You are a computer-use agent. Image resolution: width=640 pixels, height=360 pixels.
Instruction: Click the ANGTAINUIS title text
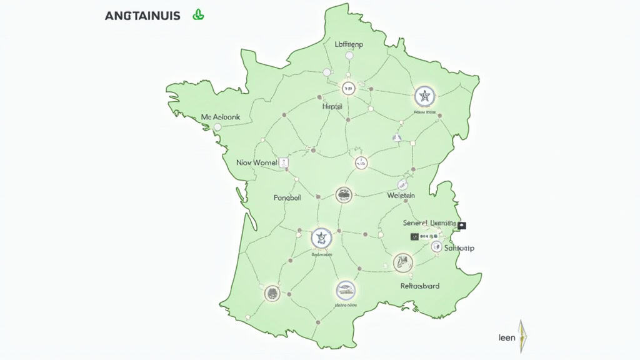(x=142, y=16)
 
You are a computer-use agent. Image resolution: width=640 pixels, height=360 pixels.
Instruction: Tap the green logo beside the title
(x=199, y=15)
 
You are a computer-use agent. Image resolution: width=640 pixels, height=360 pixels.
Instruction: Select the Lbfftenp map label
(x=349, y=44)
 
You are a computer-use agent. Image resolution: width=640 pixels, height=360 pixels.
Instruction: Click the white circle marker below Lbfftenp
(x=349, y=56)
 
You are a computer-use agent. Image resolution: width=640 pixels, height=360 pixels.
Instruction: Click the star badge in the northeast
(x=425, y=97)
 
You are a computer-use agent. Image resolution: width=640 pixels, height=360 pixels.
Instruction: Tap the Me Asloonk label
(x=221, y=117)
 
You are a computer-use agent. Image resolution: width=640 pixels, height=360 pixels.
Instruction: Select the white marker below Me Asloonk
(x=218, y=127)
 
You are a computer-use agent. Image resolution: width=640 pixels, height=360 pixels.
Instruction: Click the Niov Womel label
(x=256, y=162)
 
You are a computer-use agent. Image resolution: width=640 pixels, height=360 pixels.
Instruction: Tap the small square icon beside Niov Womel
(x=285, y=162)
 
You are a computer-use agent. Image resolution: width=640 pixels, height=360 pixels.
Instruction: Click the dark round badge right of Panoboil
(x=344, y=194)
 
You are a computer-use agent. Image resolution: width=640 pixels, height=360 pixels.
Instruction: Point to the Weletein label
(x=401, y=196)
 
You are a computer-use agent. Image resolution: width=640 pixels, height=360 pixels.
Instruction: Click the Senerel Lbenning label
(x=429, y=223)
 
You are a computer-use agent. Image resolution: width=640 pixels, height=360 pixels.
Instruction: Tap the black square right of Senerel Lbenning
(x=462, y=225)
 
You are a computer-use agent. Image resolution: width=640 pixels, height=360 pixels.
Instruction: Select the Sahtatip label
(x=459, y=248)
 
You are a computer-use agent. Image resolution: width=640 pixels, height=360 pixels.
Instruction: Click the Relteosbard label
(x=419, y=286)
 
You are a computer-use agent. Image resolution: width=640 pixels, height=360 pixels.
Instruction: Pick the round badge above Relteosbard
(x=403, y=262)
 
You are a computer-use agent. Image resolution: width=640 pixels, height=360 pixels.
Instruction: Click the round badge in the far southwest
(x=272, y=292)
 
